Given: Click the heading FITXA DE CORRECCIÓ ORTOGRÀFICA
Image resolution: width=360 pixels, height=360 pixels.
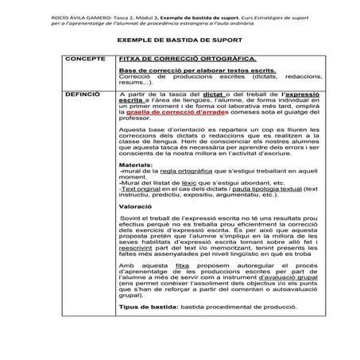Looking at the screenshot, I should pos(175,59).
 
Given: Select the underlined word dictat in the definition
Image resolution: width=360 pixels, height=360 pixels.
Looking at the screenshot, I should pos(212,93).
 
